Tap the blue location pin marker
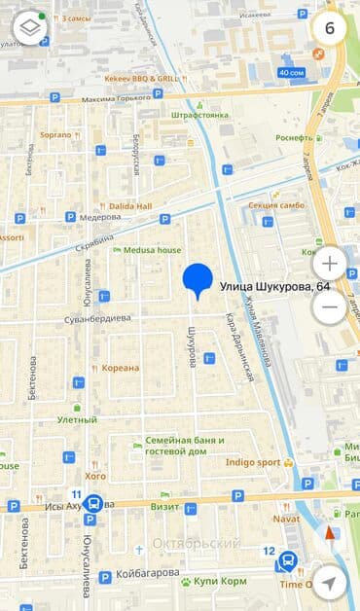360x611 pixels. (198, 279)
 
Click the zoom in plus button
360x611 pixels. (329, 263)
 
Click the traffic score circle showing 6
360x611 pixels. (329, 27)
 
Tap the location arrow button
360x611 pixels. (329, 582)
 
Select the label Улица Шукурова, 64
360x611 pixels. (273, 287)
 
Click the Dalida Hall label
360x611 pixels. (131, 206)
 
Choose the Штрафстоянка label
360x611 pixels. (199, 115)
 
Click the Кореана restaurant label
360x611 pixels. (122, 368)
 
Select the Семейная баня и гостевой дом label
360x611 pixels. (185, 446)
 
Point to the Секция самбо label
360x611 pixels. (276, 205)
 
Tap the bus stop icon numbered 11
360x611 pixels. (93, 504)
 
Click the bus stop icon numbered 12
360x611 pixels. (288, 561)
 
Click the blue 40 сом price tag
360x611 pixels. (291, 73)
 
